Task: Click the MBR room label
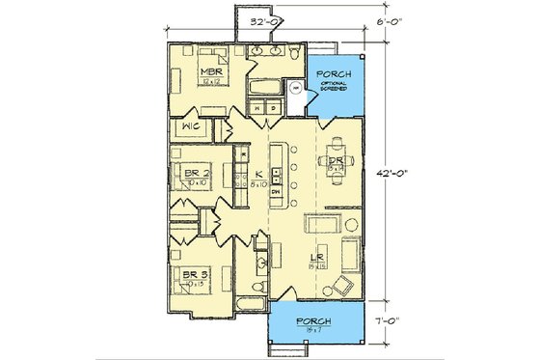212,72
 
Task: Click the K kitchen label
258,172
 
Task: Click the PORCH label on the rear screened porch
334,74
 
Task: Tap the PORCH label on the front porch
316,320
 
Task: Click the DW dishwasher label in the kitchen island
276,192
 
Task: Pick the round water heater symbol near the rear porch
296,88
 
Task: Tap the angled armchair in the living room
339,285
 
